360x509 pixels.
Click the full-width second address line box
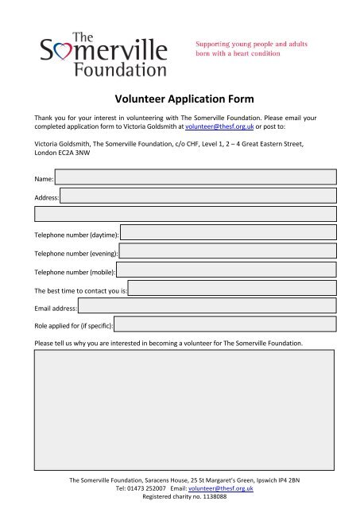click(x=184, y=214)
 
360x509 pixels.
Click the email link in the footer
click(x=222, y=489)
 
